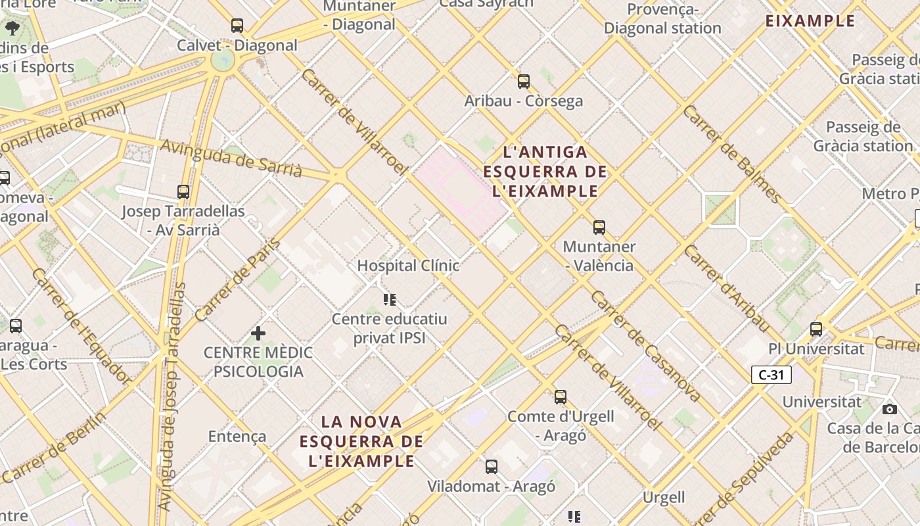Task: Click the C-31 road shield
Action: [771, 375]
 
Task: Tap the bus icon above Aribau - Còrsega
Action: [524, 82]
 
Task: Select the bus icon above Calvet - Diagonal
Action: [237, 26]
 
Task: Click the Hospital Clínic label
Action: [408, 266]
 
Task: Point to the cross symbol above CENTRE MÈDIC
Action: [258, 333]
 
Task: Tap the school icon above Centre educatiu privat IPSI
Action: [390, 300]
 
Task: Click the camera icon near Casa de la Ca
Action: [890, 409]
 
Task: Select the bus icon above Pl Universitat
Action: [816, 329]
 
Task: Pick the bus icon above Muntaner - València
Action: [599, 227]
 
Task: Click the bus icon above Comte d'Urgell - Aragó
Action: [561, 397]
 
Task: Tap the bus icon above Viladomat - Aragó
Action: [492, 467]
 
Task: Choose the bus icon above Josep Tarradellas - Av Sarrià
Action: [183, 192]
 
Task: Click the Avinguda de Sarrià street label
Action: [231, 158]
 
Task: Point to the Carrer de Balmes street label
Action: [732, 153]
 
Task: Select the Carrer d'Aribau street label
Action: [726, 288]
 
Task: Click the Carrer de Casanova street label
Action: [645, 347]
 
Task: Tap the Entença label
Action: [237, 437]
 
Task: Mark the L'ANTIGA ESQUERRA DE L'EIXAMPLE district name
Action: [545, 172]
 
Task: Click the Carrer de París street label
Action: [238, 281]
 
